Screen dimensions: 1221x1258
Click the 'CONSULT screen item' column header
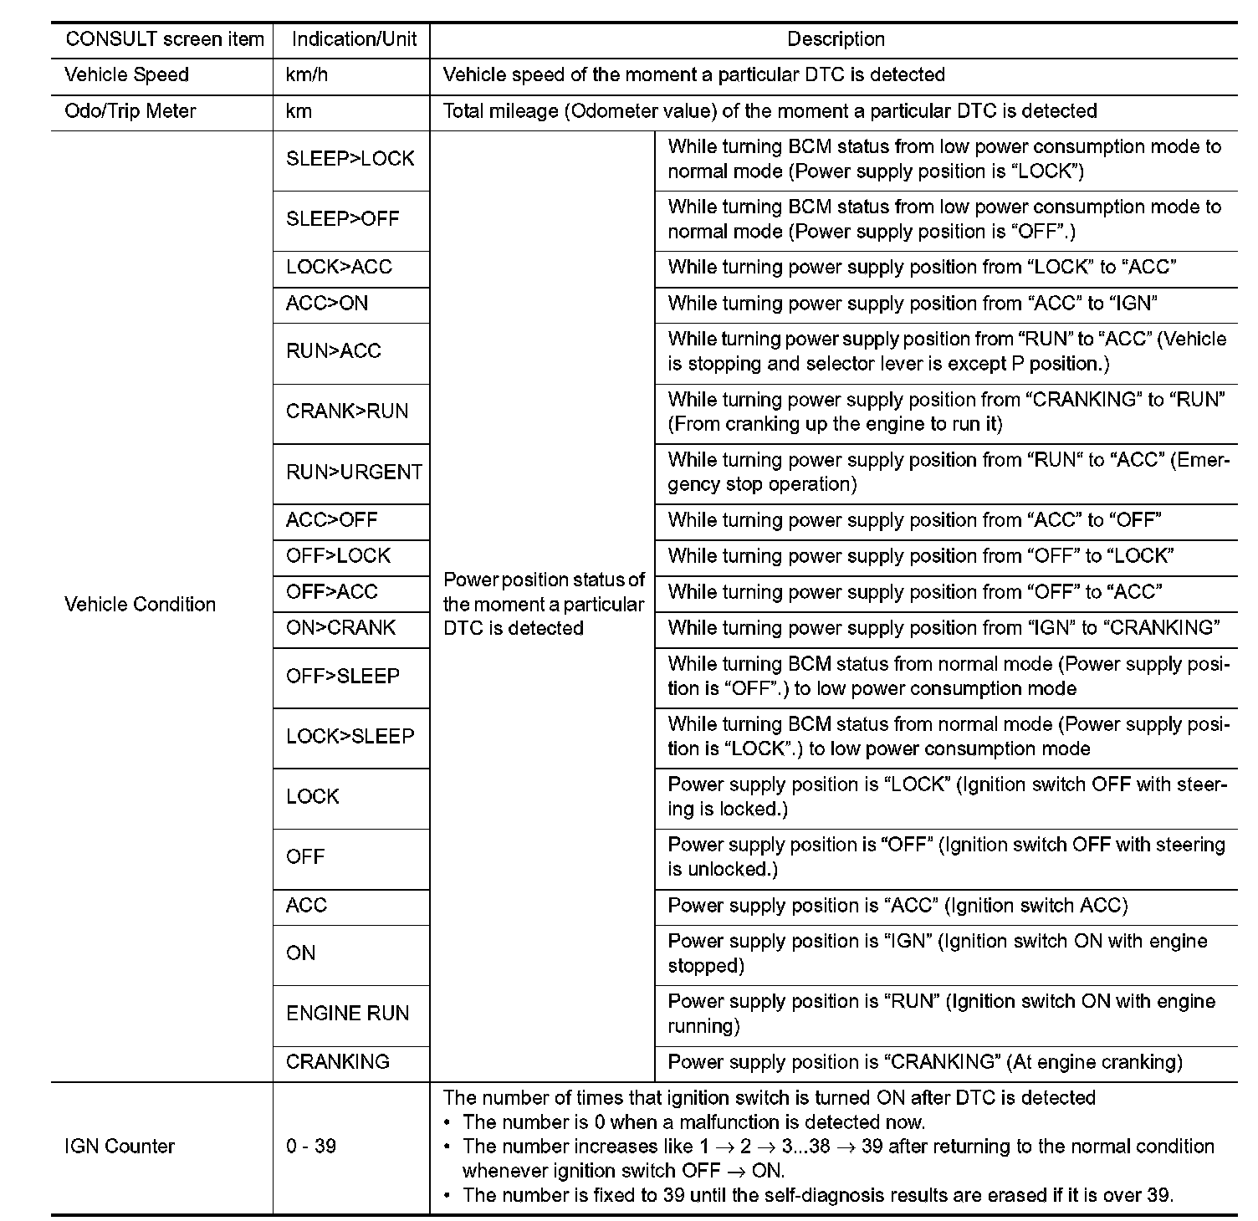[165, 39]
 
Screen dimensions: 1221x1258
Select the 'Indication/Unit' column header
[354, 39]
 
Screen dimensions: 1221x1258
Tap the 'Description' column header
[836, 39]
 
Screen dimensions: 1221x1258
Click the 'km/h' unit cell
[307, 75]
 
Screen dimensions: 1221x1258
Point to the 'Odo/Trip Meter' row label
[130, 111]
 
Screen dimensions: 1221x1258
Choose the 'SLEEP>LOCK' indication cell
[350, 159]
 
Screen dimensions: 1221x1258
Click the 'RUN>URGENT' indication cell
[354, 473]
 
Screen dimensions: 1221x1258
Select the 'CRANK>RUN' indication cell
[347, 411]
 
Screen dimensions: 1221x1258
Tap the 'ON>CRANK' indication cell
[340, 628]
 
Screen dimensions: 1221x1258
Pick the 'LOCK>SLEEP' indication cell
[350, 737]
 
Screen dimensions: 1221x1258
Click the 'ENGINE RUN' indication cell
[348, 1014]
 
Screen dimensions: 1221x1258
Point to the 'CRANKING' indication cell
[338, 1062]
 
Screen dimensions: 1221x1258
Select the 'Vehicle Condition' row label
[140, 605]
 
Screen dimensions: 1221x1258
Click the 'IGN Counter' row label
[120, 1147]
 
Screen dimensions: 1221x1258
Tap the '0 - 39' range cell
[311, 1147]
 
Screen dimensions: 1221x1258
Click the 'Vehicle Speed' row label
[126, 75]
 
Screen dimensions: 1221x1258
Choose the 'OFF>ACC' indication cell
[332, 592]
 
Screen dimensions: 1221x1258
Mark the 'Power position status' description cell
[544, 605]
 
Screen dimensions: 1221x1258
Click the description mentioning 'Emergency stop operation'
[948, 473]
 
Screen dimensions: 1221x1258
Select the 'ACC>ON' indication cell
[327, 304]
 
